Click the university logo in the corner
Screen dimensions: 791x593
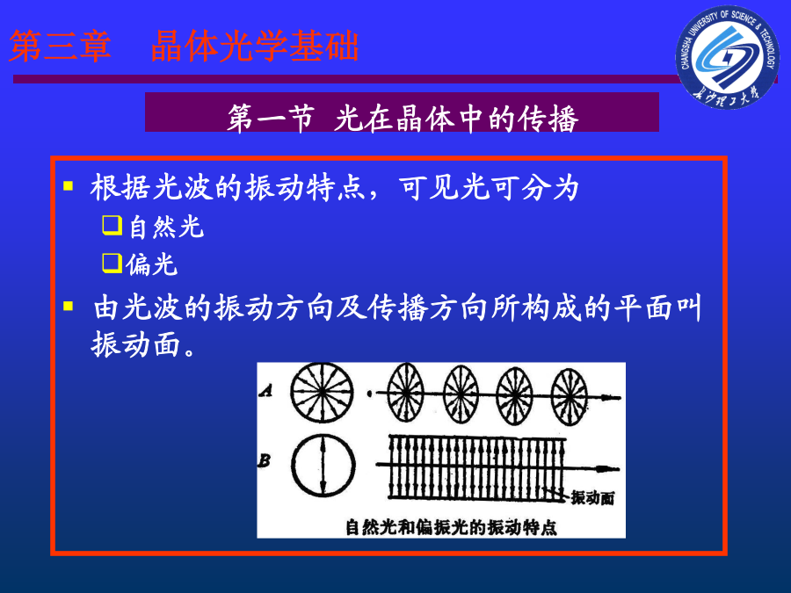(728, 57)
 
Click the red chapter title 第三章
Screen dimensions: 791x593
(60, 46)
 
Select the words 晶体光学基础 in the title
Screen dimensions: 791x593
(255, 46)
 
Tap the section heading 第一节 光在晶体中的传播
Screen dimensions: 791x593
(403, 119)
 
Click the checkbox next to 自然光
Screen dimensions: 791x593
(112, 225)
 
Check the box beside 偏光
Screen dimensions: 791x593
(112, 264)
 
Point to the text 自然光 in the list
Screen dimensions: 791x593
(166, 227)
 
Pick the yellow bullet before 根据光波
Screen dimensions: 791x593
(68, 186)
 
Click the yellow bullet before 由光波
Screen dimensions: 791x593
(68, 306)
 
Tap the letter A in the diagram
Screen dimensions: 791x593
(265, 390)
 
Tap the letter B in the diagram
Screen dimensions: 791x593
(265, 460)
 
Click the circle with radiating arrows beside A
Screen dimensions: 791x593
(322, 393)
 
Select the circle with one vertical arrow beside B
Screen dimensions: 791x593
(323, 465)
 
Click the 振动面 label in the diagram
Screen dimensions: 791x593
(592, 498)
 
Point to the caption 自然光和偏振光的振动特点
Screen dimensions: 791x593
(451, 527)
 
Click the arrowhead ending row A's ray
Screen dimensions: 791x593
(612, 397)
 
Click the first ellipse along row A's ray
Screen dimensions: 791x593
(405, 394)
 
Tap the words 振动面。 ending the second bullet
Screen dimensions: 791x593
(144, 344)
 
